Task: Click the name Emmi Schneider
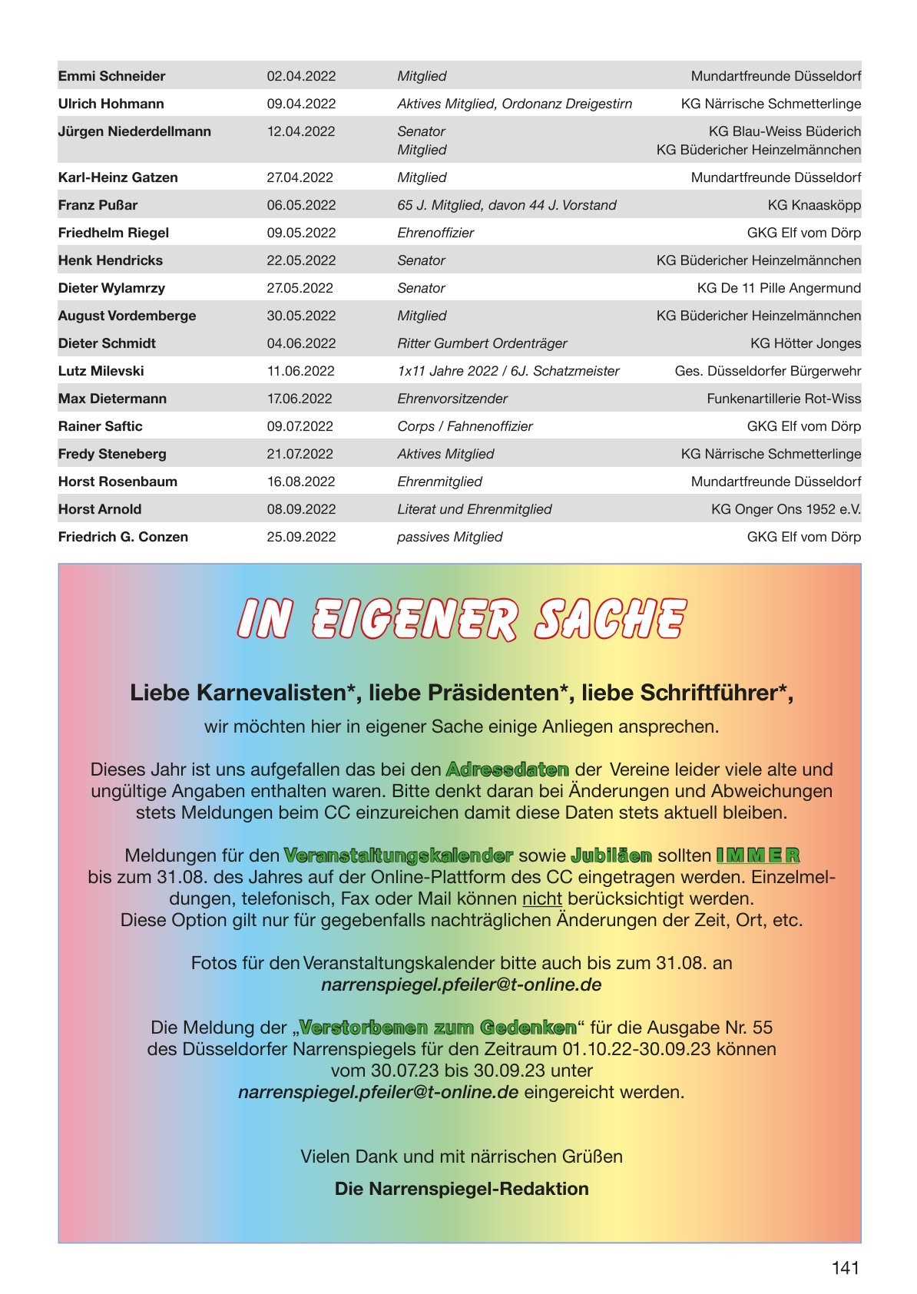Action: pos(111,76)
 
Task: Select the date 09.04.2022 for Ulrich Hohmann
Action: pos(301,104)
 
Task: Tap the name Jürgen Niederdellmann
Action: pos(134,131)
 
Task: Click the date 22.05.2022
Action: pos(301,260)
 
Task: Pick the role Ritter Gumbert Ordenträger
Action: pos(482,343)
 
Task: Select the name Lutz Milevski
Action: pos(101,371)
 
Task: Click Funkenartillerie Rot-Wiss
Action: pos(783,399)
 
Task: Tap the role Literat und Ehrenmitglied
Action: pos(474,509)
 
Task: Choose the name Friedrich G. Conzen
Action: pos(123,537)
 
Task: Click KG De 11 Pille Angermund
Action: pos(778,288)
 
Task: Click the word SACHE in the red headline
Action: pos(611,620)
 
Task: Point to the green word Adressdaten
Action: pos(507,769)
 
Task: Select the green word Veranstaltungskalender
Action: pos(398,855)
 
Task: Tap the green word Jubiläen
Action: pos(611,855)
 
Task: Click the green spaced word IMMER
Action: pos(758,855)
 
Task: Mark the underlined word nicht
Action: pos(542,899)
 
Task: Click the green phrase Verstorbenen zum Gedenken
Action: pos(438,1028)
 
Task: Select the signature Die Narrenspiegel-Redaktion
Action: pos(462,1189)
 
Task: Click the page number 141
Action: pos(845,1268)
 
